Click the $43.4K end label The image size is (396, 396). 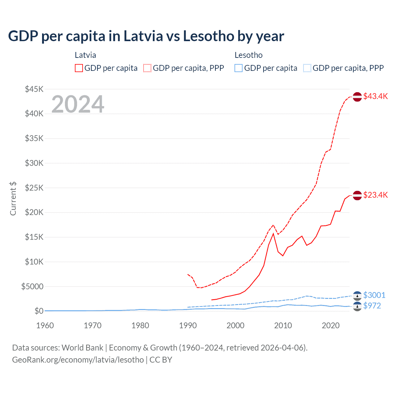coord(375,96)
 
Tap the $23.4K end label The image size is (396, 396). coord(375,195)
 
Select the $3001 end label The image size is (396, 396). coord(374,295)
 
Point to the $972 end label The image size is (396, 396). coord(372,306)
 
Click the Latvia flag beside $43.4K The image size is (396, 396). coord(357,97)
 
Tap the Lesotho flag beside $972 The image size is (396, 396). coord(357,307)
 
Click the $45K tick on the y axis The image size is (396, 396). coord(34,89)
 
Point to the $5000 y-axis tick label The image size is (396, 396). coord(32,286)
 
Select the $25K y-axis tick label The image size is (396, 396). coord(34,188)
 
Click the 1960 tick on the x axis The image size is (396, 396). coord(45,325)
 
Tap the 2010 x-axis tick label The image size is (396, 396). coord(283,325)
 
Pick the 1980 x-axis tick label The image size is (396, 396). coord(140,325)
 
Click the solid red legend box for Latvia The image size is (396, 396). coord(79,68)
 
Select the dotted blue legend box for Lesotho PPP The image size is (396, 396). coord(307,68)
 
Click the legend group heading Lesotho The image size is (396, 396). coord(248,55)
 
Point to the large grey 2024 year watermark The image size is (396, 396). coord(78,104)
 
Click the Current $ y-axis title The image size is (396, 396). coord(13,199)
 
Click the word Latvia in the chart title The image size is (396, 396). coord(143,36)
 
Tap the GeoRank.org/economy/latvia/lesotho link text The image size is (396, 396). coord(78,360)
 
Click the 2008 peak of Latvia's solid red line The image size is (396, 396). coord(273,234)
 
